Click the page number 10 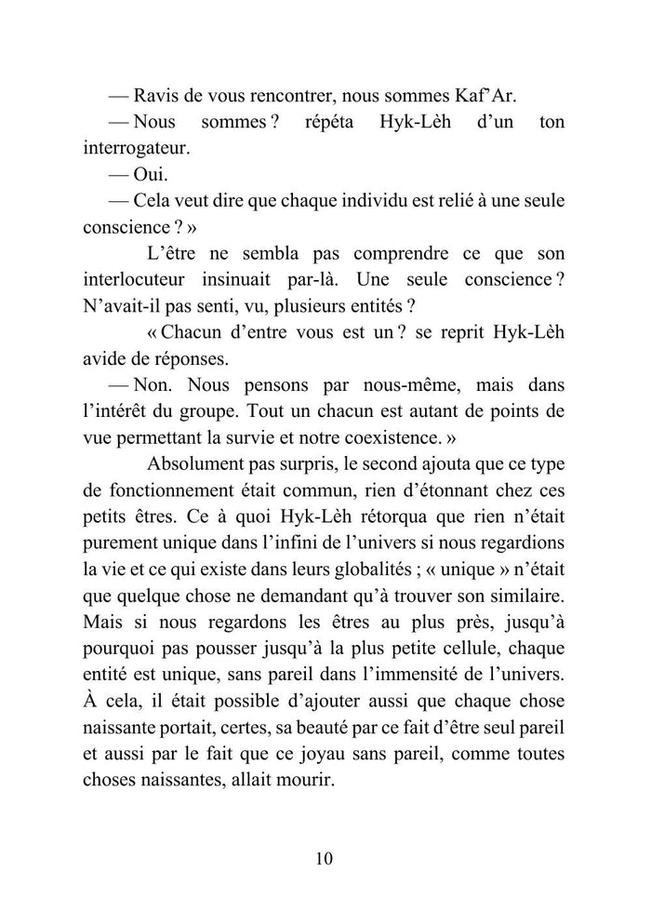click(x=325, y=858)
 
